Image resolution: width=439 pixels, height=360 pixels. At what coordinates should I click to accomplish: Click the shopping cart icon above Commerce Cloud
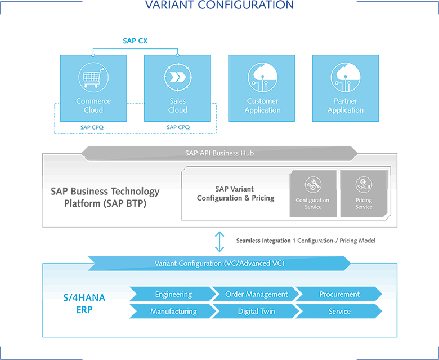[93, 78]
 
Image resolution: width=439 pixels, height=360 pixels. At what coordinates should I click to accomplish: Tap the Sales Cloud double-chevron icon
[177, 78]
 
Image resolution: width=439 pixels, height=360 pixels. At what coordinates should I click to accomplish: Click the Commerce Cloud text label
[93, 105]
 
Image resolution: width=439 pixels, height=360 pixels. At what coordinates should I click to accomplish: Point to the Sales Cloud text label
[177, 105]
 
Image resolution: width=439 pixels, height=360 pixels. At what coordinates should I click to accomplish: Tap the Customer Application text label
[262, 105]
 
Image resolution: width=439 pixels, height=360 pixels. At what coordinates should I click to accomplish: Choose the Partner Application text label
[345, 105]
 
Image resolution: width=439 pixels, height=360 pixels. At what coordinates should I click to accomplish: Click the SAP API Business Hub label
[219, 153]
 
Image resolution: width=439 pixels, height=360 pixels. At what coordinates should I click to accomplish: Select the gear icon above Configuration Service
[313, 185]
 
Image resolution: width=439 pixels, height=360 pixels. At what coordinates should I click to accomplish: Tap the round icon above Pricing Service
[364, 185]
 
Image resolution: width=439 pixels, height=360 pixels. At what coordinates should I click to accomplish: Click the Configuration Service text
[313, 203]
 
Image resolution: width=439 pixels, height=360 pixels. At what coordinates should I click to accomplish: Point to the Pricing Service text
[364, 203]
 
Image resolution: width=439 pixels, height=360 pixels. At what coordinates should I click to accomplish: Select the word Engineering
[173, 294]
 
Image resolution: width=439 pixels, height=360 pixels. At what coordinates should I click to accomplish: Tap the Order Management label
[256, 294]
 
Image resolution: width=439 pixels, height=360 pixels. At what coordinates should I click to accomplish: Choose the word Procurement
[339, 294]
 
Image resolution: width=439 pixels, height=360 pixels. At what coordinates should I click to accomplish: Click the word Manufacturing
[173, 311]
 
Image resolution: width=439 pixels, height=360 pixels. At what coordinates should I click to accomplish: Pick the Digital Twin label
[256, 311]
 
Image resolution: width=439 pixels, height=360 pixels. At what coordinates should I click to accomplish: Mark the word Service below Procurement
[339, 311]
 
